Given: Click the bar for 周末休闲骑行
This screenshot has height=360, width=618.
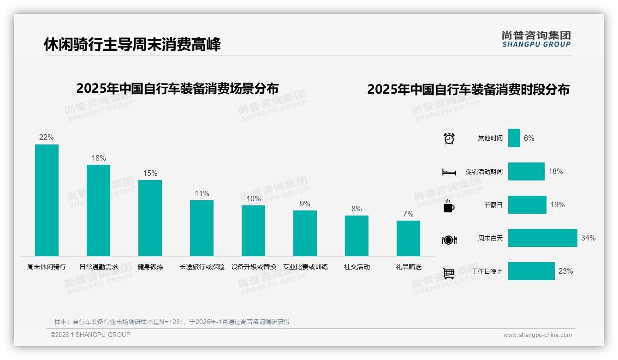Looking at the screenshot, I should (x=47, y=200).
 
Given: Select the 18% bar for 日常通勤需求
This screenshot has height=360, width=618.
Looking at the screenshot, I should (x=98, y=210).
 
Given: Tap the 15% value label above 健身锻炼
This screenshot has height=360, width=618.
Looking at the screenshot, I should (x=150, y=174).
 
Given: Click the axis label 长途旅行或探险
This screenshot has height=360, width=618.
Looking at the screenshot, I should (x=202, y=267).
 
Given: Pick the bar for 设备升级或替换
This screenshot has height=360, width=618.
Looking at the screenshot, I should (x=253, y=231).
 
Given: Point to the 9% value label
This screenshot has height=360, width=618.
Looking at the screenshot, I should (x=305, y=204).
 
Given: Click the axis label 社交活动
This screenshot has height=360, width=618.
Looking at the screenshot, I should (x=357, y=267).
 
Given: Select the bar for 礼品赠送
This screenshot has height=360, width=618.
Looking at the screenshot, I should (x=408, y=238).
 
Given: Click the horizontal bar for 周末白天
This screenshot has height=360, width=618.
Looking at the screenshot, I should (x=542, y=238).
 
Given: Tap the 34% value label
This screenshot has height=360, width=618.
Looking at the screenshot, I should (x=588, y=238).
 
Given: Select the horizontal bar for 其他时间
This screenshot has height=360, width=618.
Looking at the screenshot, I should (x=514, y=138).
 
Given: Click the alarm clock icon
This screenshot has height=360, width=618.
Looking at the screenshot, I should (x=449, y=138).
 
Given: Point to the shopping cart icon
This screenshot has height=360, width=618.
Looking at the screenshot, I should (x=449, y=273).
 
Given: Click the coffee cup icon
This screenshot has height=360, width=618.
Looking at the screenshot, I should (x=449, y=206).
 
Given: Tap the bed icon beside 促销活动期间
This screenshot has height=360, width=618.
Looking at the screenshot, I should (x=449, y=172).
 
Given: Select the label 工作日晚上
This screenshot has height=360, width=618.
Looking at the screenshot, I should (x=487, y=271).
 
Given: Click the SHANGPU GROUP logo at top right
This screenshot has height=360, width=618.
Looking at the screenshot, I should (x=536, y=39).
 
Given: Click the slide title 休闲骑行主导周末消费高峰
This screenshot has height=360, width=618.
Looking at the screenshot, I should (x=132, y=44).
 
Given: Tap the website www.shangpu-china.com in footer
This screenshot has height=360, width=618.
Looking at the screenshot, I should (x=537, y=335).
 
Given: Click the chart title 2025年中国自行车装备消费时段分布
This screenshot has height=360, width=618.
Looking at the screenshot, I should (x=468, y=90).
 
